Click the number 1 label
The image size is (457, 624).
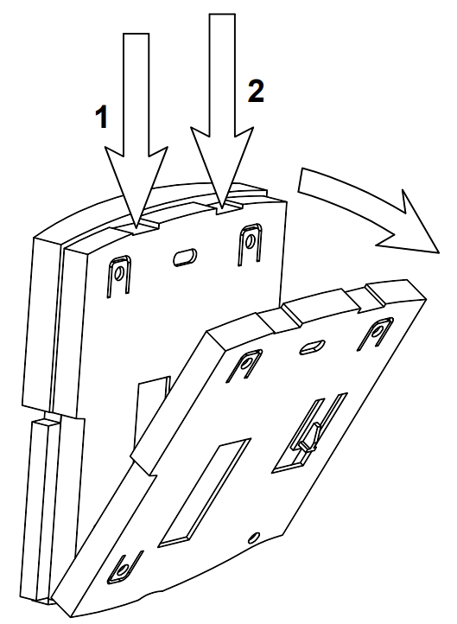click(x=102, y=117)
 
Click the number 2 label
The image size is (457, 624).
click(x=256, y=91)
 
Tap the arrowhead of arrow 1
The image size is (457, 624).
click(x=136, y=187)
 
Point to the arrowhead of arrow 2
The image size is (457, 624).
click(x=222, y=167)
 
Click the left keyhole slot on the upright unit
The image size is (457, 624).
click(x=118, y=276)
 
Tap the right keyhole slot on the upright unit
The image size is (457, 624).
click(x=251, y=244)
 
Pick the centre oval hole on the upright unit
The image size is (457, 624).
click(x=185, y=257)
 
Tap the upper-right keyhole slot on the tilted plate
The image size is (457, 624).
click(x=375, y=334)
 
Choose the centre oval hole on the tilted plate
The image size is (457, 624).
click(x=312, y=347)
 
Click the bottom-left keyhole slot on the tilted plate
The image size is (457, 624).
click(x=124, y=566)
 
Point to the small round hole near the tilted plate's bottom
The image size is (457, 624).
click(x=254, y=538)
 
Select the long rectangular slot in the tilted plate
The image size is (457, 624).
click(x=205, y=493)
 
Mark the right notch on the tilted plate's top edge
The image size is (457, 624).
click(x=365, y=297)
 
